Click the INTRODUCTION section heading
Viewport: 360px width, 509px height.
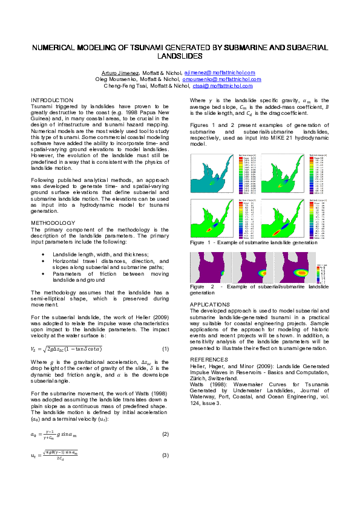[x=52, y=100]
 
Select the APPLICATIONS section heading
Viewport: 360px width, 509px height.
[x=210, y=304]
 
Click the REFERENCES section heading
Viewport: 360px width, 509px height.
[x=209, y=359]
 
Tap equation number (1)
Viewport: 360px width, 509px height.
[x=165, y=349]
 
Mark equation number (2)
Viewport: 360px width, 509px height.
[x=165, y=434]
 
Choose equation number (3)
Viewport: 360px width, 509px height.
[x=165, y=455]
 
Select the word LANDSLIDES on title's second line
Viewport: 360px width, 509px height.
[x=180, y=56]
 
